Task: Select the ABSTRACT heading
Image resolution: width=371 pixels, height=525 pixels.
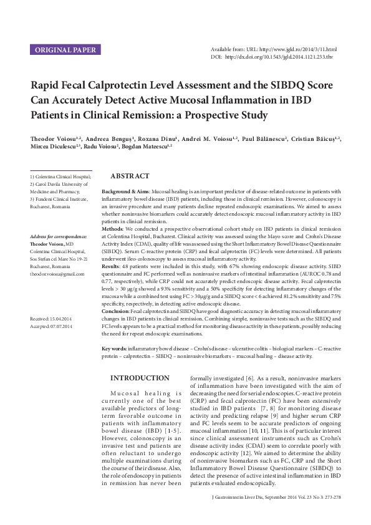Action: coord(129,176)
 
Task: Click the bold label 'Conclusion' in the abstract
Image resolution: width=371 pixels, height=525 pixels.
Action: coord(116,311)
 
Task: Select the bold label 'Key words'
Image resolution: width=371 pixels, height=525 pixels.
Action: coord(116,347)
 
